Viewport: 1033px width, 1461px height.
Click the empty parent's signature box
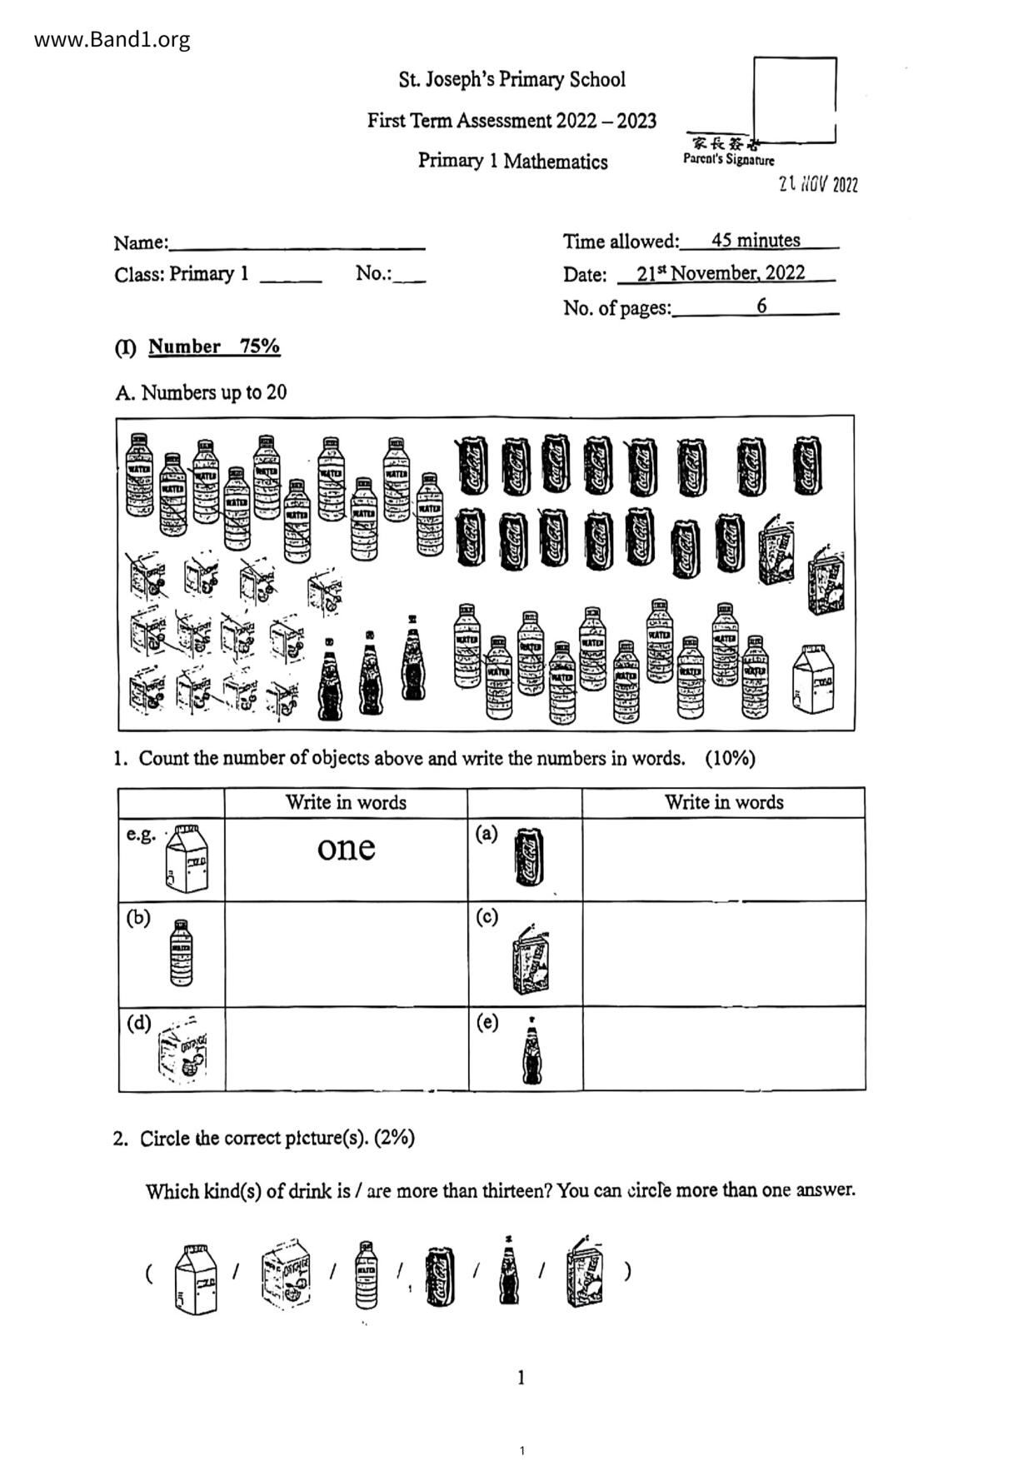[x=794, y=99]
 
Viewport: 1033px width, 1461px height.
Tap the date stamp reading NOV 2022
[x=818, y=185]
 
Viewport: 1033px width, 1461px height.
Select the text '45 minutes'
[x=756, y=241]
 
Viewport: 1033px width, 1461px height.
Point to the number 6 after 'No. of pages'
[x=761, y=306]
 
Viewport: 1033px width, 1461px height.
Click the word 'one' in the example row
[x=346, y=848]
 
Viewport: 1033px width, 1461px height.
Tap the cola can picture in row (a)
[x=529, y=856]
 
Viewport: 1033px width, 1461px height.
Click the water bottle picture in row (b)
[x=181, y=953]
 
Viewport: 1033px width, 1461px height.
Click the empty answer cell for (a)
[x=723, y=859]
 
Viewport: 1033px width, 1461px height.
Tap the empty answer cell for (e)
[x=723, y=1048]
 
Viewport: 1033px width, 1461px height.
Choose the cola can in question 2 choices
[x=440, y=1274]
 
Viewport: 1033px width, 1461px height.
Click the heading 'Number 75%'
[x=214, y=347]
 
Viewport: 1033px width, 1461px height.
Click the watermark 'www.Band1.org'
[x=112, y=39]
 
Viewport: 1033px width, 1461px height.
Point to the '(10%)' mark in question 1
[x=730, y=758]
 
